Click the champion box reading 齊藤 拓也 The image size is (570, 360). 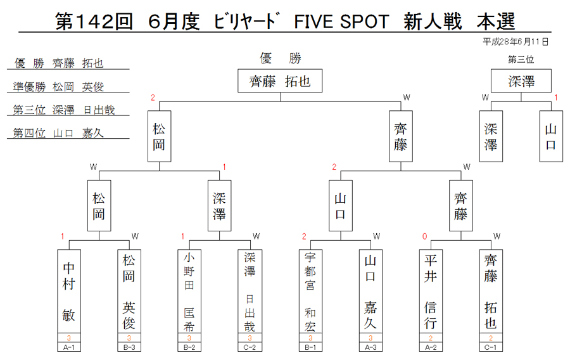pos(280,80)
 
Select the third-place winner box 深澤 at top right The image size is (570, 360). pos(521,80)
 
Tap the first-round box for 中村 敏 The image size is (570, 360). pos(68,291)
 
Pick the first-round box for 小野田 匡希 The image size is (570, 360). pos(189,291)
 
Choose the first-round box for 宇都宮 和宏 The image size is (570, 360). pos(310,291)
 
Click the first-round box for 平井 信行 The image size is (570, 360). pos(431,291)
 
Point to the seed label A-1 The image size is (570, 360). pos(68,347)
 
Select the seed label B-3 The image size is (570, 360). pos(129,347)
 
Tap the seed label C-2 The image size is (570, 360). pos(250,347)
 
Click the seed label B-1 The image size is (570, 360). pos(310,347)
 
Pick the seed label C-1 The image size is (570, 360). pos(491,347)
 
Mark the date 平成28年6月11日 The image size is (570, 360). pos(515,42)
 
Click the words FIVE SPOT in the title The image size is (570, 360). pos(341,22)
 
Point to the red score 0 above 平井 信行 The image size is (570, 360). pos(424,236)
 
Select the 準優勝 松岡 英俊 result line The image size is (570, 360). pos(58,87)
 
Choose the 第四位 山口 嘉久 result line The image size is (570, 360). pos(58,132)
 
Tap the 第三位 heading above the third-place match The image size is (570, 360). pos(521,60)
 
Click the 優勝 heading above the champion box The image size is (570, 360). pos(281,58)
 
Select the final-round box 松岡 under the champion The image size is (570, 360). pos(159,136)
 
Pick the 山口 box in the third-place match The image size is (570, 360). pos(551,136)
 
